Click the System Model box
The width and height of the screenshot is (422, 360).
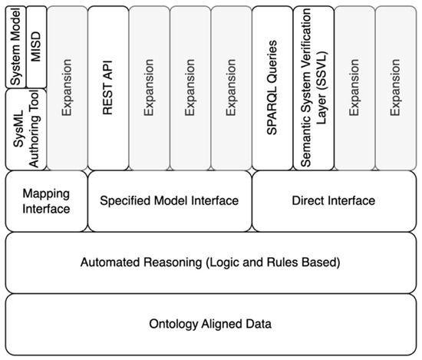click(16, 45)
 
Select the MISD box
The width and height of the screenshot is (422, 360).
click(36, 45)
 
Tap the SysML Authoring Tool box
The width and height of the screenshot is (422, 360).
click(25, 128)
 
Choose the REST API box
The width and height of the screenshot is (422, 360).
click(107, 86)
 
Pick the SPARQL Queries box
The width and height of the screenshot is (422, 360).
click(272, 86)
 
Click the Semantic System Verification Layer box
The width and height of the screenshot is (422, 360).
click(313, 86)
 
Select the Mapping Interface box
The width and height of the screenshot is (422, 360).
click(47, 200)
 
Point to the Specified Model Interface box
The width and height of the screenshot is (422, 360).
click(170, 200)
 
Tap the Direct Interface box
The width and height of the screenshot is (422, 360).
click(334, 200)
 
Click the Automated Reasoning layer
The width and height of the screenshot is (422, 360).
click(210, 263)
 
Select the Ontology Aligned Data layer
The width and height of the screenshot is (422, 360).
click(210, 324)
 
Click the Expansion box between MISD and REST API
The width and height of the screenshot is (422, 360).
click(67, 86)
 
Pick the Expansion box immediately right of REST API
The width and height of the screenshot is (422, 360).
click(149, 86)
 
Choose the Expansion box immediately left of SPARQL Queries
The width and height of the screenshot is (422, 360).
click(231, 86)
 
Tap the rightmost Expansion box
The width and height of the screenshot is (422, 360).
click(395, 86)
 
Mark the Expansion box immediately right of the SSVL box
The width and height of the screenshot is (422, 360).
click(354, 86)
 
